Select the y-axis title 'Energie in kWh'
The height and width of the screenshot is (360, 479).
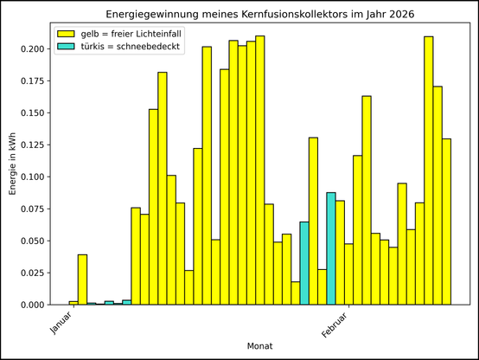(x=12, y=164)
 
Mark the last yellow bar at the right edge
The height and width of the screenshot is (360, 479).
(x=446, y=222)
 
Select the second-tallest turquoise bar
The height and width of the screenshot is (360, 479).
(x=304, y=263)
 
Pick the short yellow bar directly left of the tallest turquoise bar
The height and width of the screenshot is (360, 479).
(x=322, y=287)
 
